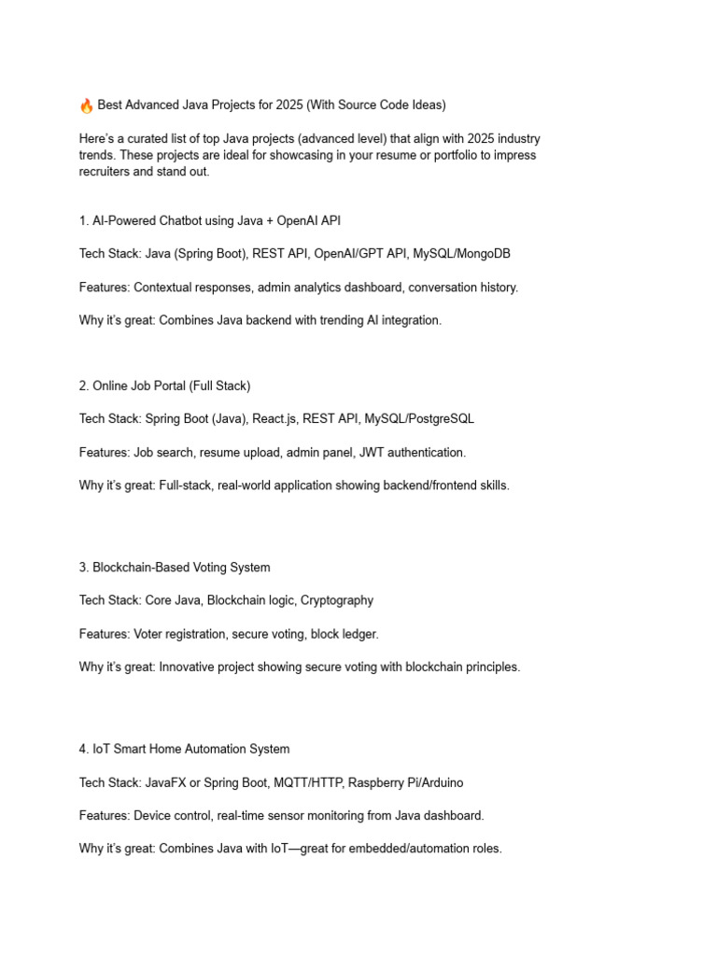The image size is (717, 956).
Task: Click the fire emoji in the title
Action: (x=87, y=105)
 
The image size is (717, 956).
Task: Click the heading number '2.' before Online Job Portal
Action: (x=84, y=386)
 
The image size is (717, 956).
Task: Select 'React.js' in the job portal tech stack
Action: (x=275, y=419)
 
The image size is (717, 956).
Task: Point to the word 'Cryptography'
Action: (x=337, y=600)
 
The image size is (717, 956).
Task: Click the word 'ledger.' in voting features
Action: (x=358, y=634)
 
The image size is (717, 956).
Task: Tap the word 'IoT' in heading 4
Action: (x=102, y=749)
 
